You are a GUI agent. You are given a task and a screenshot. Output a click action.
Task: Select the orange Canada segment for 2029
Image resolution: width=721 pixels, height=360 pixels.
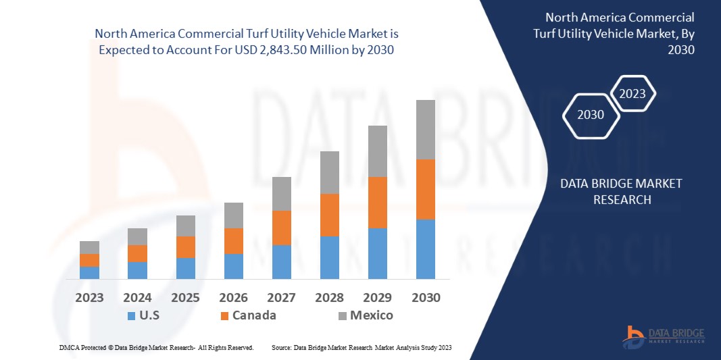click(377, 203)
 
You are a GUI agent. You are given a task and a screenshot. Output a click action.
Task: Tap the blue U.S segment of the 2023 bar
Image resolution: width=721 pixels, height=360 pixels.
click(89, 272)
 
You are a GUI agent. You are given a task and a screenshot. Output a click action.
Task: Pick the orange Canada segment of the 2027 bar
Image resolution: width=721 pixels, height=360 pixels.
click(281, 228)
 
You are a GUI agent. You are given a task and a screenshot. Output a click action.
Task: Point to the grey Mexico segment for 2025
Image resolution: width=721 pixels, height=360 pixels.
click(185, 226)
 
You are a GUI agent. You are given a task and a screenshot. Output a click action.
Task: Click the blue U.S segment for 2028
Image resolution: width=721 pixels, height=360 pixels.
click(329, 257)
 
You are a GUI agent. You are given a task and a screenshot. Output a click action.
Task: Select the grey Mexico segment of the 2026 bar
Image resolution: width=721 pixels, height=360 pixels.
click(233, 215)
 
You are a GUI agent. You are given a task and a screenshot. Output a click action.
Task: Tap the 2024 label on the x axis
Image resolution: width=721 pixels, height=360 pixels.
click(137, 297)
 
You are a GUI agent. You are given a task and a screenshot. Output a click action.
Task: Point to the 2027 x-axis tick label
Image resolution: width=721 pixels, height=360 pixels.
click(281, 297)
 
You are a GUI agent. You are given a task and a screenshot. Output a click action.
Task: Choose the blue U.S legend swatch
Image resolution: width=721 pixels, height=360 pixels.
click(130, 315)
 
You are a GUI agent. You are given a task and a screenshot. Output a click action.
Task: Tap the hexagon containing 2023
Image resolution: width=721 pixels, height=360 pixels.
click(632, 94)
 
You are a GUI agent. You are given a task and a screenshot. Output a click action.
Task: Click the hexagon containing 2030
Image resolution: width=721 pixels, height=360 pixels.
click(590, 115)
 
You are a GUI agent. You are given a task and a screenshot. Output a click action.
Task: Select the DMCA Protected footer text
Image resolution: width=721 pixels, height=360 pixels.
click(156, 347)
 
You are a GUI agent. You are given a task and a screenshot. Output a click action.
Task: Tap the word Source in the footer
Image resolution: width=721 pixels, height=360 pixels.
click(281, 347)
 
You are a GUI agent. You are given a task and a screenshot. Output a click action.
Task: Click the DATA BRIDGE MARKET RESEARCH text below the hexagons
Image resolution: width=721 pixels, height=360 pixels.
click(622, 192)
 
